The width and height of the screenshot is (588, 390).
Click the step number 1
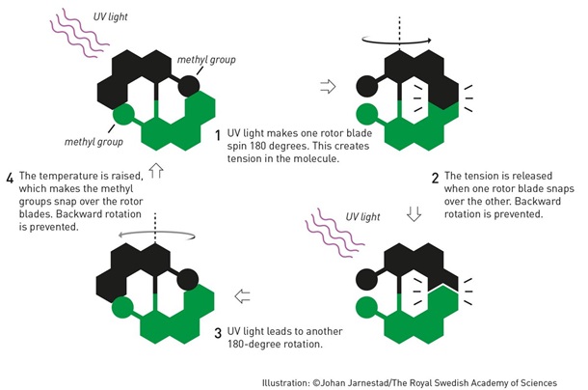219,134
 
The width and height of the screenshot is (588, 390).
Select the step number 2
436,178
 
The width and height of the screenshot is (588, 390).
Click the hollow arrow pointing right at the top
328,86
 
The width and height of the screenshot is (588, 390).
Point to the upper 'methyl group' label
206,61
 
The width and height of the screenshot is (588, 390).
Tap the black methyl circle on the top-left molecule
190,86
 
